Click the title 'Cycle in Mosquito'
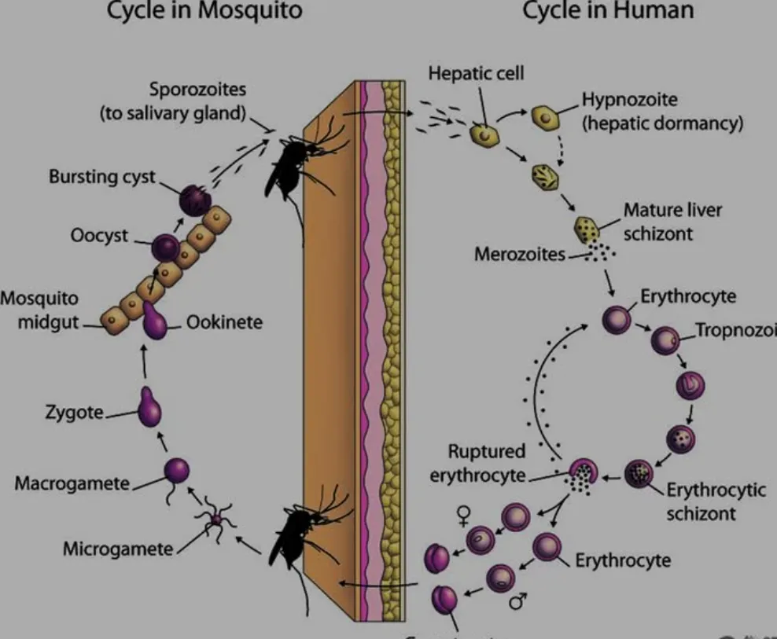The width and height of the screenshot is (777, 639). (x=204, y=11)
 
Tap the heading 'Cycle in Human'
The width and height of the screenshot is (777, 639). (x=608, y=11)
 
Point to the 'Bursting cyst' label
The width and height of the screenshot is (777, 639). (x=102, y=176)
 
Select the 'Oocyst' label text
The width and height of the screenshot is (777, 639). (x=100, y=235)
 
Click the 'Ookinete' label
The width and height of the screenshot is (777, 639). (x=224, y=322)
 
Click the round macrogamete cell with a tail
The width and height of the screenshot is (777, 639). (x=177, y=472)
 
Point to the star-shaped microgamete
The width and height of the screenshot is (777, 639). (x=215, y=520)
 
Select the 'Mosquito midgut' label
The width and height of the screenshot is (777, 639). (x=40, y=310)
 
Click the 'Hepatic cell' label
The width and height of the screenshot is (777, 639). (x=476, y=73)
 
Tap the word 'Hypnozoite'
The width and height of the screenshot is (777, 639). (x=630, y=100)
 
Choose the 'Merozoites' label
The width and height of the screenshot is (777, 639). (x=519, y=255)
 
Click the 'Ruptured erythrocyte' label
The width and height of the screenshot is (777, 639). (x=487, y=463)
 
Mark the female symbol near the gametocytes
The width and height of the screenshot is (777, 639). (x=464, y=515)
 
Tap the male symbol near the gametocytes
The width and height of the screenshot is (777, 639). (x=517, y=601)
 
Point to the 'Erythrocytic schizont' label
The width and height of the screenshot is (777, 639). (x=716, y=501)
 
